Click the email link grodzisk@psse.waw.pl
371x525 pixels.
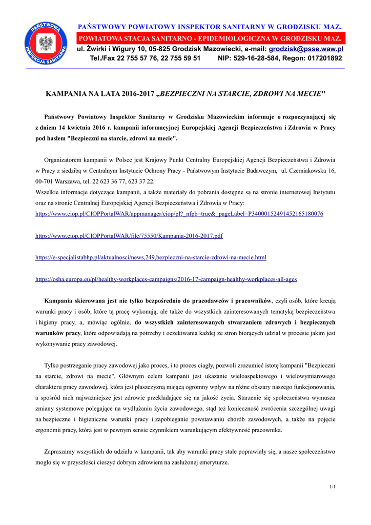tap(306, 49)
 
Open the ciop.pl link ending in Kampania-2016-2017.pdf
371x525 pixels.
tap(129, 236)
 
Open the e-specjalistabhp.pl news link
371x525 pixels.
tap(151, 257)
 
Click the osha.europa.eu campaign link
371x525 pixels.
tap(166, 279)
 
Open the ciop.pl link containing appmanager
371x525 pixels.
tap(179, 214)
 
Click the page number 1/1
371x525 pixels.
tap(333, 486)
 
